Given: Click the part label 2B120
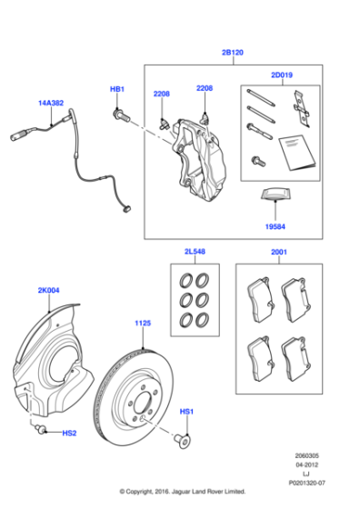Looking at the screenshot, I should [232, 53].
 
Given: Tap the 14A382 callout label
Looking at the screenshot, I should [51, 104].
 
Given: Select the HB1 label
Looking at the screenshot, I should [117, 89].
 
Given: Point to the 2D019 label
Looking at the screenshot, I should [283, 76].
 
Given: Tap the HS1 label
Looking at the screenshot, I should [186, 413].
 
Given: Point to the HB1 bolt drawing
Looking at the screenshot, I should [120, 115].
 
